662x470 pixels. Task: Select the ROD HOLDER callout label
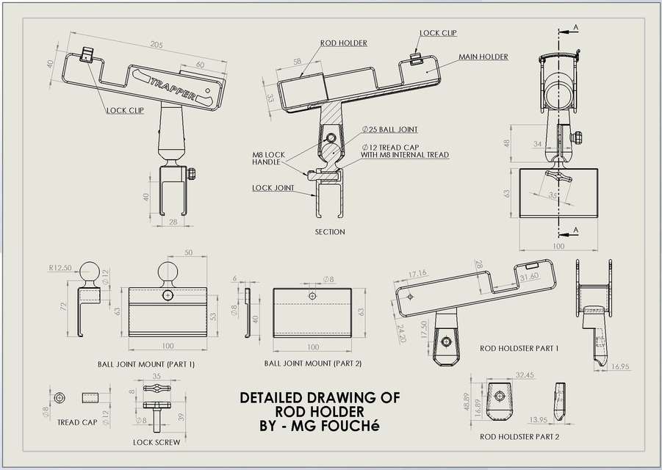[343, 43]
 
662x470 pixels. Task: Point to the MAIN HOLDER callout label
[483, 57]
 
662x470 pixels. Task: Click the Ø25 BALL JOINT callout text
[389, 130]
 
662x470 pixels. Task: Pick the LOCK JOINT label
[273, 188]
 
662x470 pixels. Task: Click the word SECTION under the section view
[329, 232]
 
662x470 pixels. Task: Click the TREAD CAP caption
[77, 422]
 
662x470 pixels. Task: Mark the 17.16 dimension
[419, 274]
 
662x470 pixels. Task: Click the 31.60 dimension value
[529, 277]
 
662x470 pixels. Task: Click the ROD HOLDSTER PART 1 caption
[519, 348]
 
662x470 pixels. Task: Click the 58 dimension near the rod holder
[297, 62]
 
